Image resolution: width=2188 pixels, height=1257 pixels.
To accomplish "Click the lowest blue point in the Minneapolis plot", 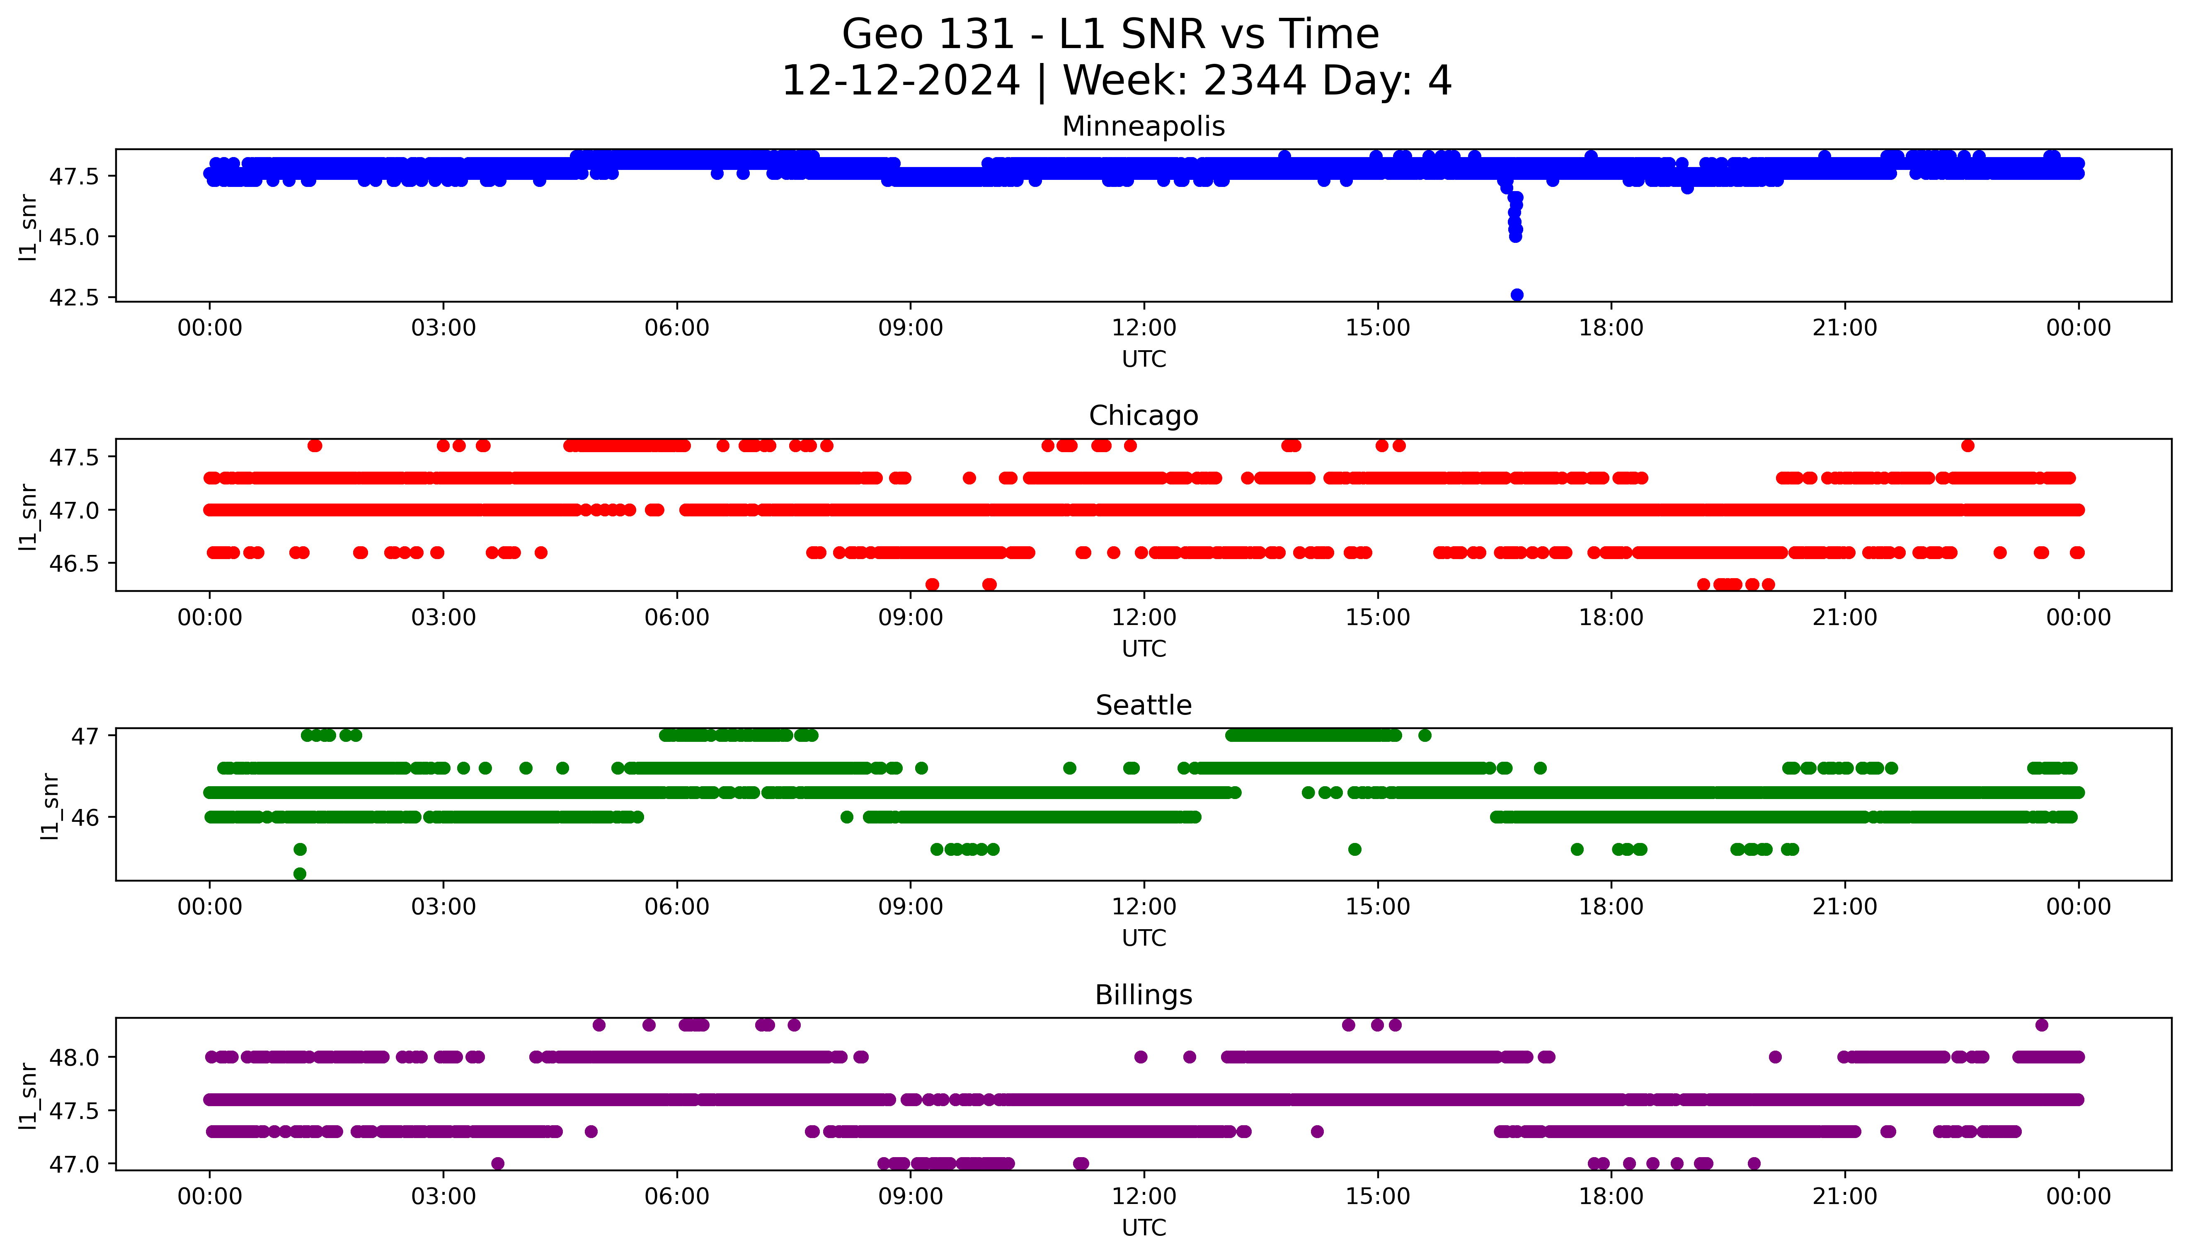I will tap(1517, 294).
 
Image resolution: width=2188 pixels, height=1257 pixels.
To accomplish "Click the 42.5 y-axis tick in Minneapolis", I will tap(74, 297).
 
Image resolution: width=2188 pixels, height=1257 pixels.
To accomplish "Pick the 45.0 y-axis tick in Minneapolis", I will tap(74, 237).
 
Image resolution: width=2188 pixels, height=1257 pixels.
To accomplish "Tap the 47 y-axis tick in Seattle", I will tap(86, 736).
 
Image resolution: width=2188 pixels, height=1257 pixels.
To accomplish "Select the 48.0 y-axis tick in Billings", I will tap(74, 1057).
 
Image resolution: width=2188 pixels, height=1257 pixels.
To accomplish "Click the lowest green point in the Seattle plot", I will tap(300, 874).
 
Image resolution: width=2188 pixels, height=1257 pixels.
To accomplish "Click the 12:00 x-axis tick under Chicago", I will tap(1144, 617).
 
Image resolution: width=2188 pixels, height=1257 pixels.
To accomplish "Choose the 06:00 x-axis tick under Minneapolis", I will tap(677, 328).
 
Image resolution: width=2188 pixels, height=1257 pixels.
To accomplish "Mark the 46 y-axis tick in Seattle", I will tap(86, 817).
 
